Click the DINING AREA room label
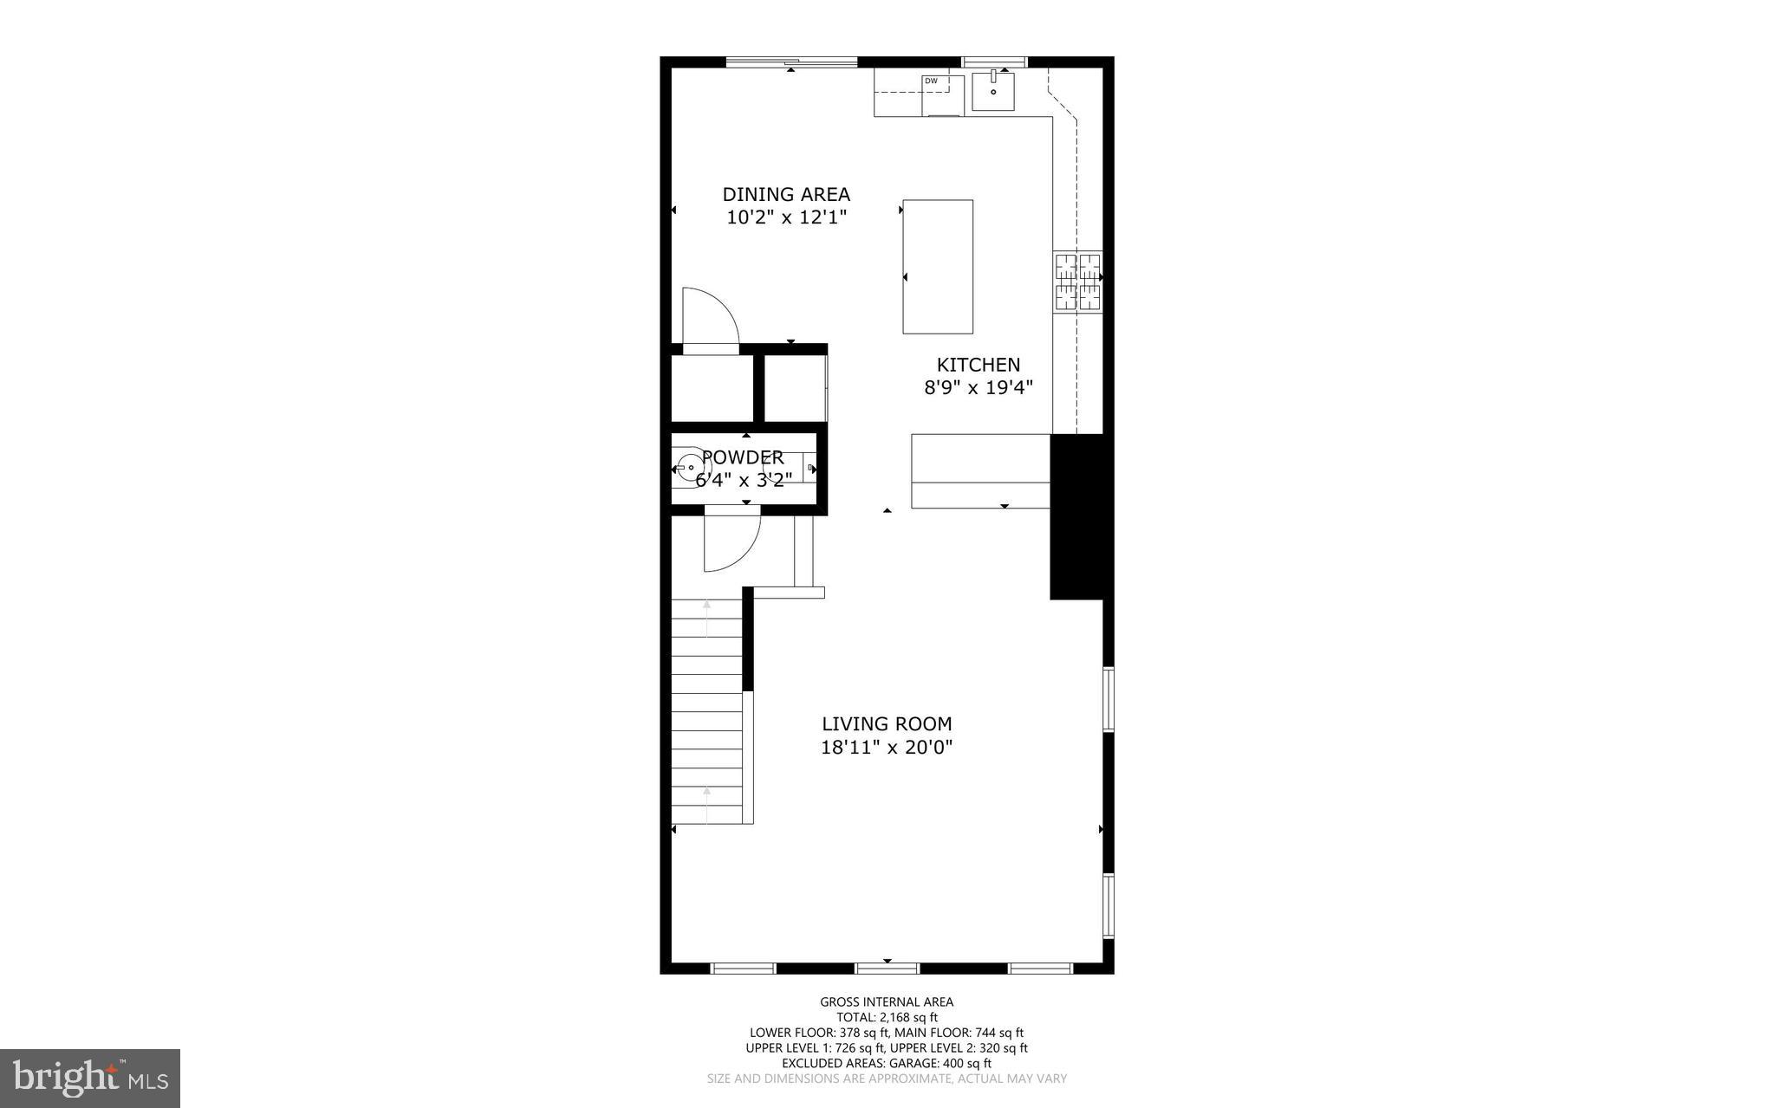pyautogui.click(x=786, y=194)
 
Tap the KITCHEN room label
pyautogui.click(x=978, y=365)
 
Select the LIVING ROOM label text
pyautogui.click(x=887, y=724)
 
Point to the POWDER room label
pyautogui.click(x=743, y=457)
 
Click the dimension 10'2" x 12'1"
pyautogui.click(x=786, y=217)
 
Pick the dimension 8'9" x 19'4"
pyautogui.click(x=978, y=388)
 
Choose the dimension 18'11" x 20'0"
pyautogui.click(x=887, y=748)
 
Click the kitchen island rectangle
pyautogui.click(x=937, y=266)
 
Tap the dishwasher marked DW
pyautogui.click(x=942, y=94)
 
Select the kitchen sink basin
pyautogui.click(x=993, y=91)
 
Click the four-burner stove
pyautogui.click(x=1077, y=282)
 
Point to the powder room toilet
pyautogui.click(x=691, y=468)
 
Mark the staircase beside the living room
pyautogui.click(x=707, y=710)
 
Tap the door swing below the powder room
pyautogui.click(x=730, y=542)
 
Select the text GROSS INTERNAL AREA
pyautogui.click(x=886, y=1002)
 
